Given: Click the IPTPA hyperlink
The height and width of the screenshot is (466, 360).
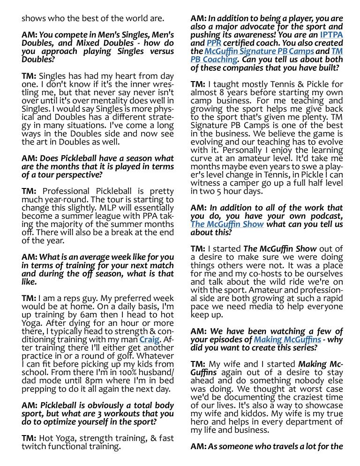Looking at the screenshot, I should coord(331,35).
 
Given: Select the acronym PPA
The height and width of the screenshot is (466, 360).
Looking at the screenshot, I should coord(145,216).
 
